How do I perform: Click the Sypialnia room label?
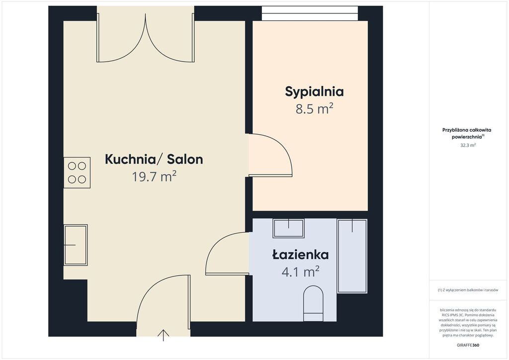tap(314, 92)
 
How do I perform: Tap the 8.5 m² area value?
tap(314, 109)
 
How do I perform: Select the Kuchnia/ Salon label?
tap(154, 160)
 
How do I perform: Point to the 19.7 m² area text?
tap(154, 177)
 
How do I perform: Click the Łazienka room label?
tap(300, 255)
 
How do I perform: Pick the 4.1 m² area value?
tap(300, 271)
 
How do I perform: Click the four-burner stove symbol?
tap(77, 173)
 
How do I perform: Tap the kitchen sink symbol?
tap(76, 245)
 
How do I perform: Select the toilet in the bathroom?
tap(313, 303)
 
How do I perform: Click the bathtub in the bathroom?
tap(352, 256)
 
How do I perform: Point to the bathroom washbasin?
tap(289, 228)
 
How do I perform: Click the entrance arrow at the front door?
tap(163, 335)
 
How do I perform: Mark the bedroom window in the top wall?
tap(310, 13)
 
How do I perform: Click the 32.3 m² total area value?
tap(468, 145)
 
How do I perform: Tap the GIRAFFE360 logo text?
tap(468, 345)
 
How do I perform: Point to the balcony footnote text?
tap(468, 290)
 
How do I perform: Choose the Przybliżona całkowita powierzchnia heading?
tap(467, 133)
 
